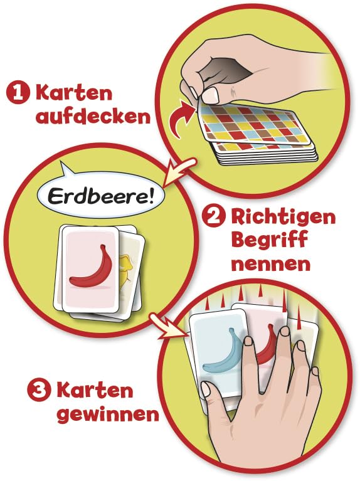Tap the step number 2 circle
pyautogui.click(x=214, y=218)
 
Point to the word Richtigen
pyautogui.click(x=283, y=218)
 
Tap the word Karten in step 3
pyautogui.click(x=95, y=391)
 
